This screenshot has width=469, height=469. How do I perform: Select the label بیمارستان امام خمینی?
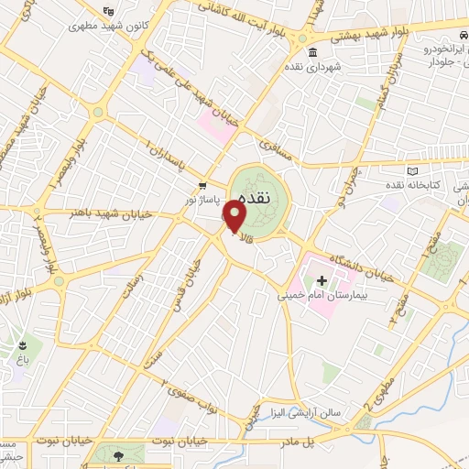tap(322, 296)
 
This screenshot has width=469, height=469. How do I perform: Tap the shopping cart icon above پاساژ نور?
tap(202, 183)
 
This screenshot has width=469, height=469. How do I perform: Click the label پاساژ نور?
tap(202, 198)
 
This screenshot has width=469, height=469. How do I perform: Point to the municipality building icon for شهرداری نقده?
tap(313, 50)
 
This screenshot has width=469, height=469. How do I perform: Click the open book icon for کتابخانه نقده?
tap(411, 171)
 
